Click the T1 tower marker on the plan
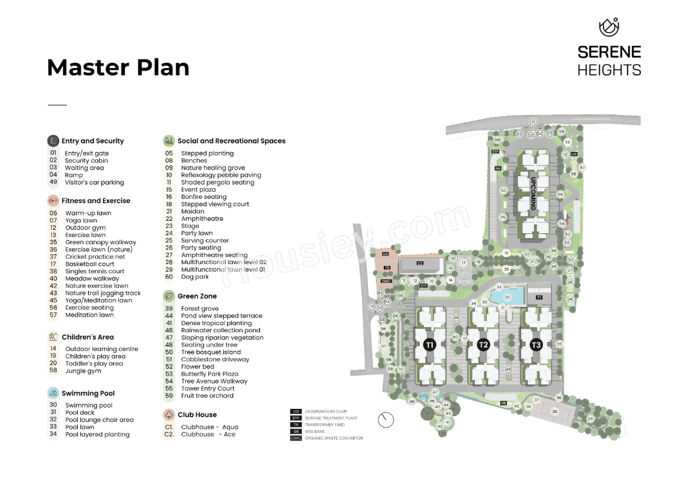[429, 346]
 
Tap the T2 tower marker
[483, 345]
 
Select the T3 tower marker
[536, 345]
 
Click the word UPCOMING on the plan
[533, 193]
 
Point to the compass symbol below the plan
[386, 418]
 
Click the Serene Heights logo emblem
[609, 28]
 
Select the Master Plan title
[118, 68]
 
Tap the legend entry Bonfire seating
[203, 197]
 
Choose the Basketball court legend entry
[89, 264]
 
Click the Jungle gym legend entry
[83, 371]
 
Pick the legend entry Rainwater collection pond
[220, 330]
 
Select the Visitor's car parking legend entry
[94, 183]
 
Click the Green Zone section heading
[197, 297]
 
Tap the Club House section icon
[169, 415]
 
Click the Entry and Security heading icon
[53, 141]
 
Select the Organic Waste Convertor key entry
[333, 438]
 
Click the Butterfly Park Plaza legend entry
[209, 374]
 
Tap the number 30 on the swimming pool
[507, 297]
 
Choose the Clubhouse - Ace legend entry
[208, 434]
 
